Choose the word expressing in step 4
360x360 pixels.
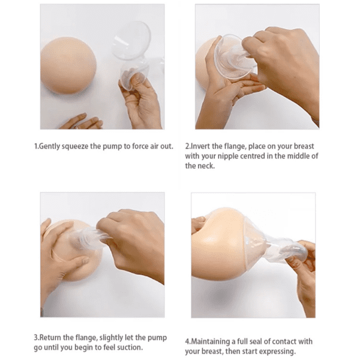pos(277,351)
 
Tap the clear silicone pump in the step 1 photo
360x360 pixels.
pos(133,54)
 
